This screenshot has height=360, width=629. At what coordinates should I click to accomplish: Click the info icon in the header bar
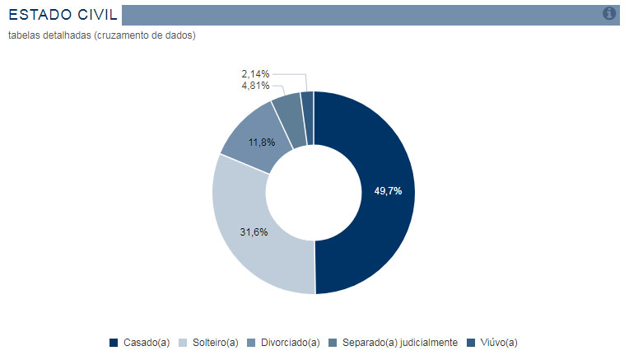(x=609, y=13)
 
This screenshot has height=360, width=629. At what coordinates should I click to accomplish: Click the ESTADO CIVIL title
(x=63, y=14)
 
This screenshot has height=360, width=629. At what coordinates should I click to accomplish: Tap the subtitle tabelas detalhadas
(x=101, y=35)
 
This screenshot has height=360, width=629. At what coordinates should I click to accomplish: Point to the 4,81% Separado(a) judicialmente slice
(x=288, y=112)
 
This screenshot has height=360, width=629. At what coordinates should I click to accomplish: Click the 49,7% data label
(x=388, y=191)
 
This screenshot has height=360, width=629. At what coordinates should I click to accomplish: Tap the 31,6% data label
(x=254, y=232)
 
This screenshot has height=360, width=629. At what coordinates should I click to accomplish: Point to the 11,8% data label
(x=261, y=143)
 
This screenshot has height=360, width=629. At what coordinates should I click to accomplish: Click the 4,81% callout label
(x=255, y=85)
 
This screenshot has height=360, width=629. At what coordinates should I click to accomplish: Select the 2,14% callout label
(x=255, y=74)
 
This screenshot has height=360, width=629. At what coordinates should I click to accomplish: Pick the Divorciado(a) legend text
(x=289, y=343)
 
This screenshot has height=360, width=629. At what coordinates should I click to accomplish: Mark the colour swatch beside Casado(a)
(x=114, y=343)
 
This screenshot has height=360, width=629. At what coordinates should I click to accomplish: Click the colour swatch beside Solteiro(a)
(x=183, y=343)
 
